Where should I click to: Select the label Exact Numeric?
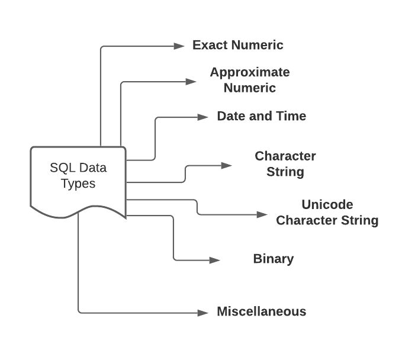coord(238,45)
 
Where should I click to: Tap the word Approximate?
coord(250,72)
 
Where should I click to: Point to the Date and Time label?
coord(261,116)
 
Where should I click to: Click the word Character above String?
coord(285,156)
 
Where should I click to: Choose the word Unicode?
coord(327,205)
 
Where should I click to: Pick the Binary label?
coord(273,259)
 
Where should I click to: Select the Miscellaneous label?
coord(261,311)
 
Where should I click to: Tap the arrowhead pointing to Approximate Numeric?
coord(191,82)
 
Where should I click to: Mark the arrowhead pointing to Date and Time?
coord(203,117)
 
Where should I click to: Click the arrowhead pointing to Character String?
coord(227,166)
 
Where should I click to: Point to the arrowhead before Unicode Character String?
coord(262,214)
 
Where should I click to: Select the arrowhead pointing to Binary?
coord(215,260)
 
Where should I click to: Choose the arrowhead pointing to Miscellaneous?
coord(203,312)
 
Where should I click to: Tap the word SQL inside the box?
coord(62,168)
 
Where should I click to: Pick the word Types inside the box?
coord(78,184)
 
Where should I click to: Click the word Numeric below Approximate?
coord(250,88)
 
